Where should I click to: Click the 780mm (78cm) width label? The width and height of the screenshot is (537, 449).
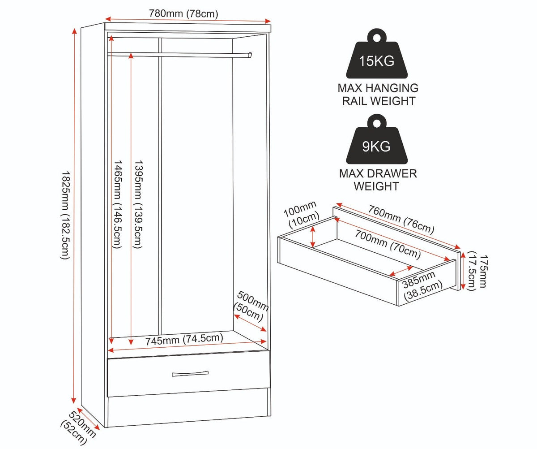(183, 13)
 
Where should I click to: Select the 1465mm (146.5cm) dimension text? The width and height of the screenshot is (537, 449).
(117, 204)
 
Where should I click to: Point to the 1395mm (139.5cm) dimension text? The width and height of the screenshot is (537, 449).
(138, 204)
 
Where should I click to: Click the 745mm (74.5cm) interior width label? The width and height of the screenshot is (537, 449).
(184, 339)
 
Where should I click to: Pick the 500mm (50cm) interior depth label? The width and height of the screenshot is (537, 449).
(251, 306)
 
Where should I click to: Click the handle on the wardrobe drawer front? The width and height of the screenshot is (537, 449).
(190, 374)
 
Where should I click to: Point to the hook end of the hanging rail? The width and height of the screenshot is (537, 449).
(250, 55)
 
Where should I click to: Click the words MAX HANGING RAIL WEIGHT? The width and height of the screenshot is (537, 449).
(378, 94)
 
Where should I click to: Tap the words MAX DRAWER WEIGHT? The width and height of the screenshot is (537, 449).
(378, 180)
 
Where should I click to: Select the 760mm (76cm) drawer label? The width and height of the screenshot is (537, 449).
(401, 220)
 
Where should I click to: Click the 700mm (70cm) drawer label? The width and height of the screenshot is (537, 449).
(388, 244)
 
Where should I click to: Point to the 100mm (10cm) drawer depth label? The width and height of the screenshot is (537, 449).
(301, 214)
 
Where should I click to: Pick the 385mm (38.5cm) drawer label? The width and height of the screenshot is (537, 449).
(422, 285)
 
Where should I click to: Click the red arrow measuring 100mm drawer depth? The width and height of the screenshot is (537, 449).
(313, 236)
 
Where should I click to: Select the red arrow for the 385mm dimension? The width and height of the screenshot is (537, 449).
(401, 271)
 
